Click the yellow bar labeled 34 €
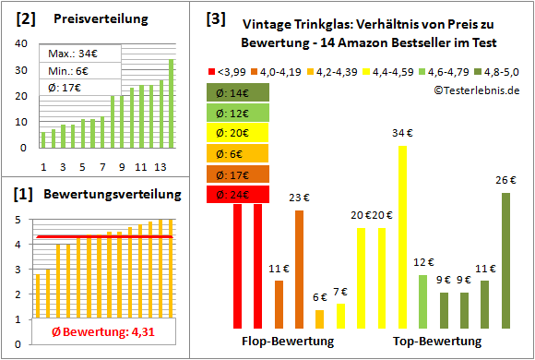(x=402, y=236)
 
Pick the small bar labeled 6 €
(x=320, y=318)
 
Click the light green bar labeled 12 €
(x=422, y=301)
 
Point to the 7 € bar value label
(x=341, y=293)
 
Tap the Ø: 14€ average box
(x=239, y=92)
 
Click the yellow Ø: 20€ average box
(x=239, y=133)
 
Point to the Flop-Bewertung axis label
(x=288, y=342)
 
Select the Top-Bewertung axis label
(x=437, y=342)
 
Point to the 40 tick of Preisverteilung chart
(x=24, y=43)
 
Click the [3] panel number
(x=216, y=18)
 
